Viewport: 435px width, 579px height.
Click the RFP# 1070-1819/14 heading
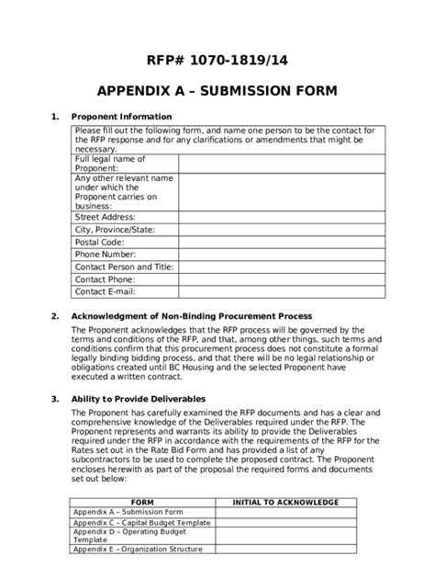point(217,61)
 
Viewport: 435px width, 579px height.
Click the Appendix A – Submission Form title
point(217,92)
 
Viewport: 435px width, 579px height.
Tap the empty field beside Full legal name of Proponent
point(282,164)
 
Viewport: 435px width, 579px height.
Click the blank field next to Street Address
point(282,217)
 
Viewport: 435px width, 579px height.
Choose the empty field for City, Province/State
point(282,229)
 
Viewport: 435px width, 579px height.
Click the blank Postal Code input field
point(282,242)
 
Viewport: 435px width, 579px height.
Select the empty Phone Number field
point(282,254)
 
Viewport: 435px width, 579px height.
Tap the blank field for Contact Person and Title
point(282,267)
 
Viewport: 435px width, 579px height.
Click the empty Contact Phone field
point(282,278)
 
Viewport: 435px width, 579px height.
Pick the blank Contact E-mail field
point(282,291)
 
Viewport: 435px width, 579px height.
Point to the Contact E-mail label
point(105,291)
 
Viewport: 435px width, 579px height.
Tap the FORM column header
point(142,502)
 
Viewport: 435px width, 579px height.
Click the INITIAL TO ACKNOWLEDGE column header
point(285,502)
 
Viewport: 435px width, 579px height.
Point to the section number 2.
point(55,315)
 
